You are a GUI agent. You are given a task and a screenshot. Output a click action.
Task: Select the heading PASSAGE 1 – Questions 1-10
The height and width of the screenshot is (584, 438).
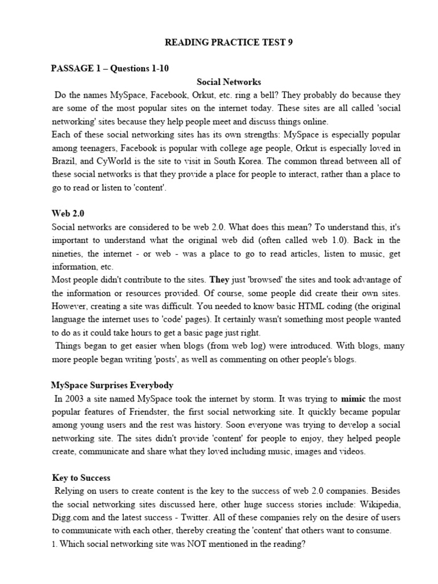(x=109, y=69)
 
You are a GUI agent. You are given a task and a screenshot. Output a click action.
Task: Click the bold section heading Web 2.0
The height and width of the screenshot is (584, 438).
(x=68, y=213)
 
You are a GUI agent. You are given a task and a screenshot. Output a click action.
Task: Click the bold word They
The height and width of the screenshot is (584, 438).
(x=219, y=279)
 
